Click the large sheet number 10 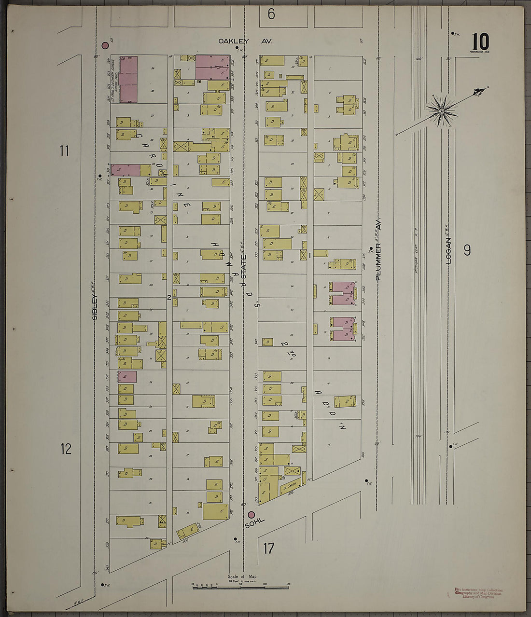[x=480, y=41]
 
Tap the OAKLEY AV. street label [x=245, y=41]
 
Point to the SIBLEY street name [x=95, y=307]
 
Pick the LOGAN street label [x=448, y=250]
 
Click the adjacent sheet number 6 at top [x=271, y=14]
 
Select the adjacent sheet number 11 [x=64, y=151]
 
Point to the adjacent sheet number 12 [x=66, y=449]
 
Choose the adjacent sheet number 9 [x=467, y=250]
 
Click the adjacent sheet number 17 [x=268, y=548]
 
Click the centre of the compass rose [x=441, y=111]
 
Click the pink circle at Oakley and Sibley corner [x=105, y=45]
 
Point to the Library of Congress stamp [x=478, y=593]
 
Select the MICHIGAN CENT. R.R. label [x=416, y=251]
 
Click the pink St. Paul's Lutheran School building [x=128, y=79]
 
